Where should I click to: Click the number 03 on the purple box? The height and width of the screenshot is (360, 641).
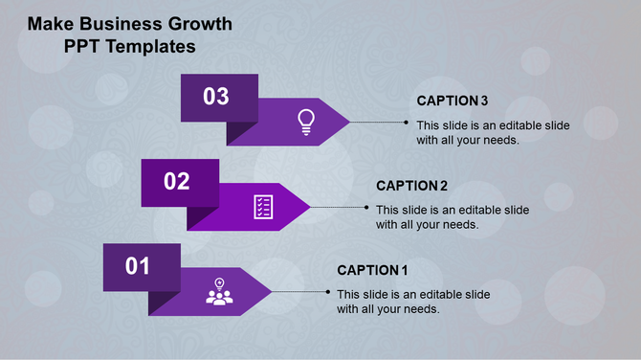tap(216, 97)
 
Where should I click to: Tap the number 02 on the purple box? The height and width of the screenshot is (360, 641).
tap(177, 182)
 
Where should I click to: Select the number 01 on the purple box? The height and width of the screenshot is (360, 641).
tap(139, 266)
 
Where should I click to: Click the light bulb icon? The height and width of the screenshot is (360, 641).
tap(305, 121)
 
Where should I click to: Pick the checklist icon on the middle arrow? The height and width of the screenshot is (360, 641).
tap(263, 206)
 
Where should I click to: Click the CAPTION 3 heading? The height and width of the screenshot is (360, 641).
tap(453, 101)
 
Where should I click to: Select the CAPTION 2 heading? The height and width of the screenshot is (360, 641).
tap(412, 186)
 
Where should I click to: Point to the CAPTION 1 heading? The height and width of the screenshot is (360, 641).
tap(373, 270)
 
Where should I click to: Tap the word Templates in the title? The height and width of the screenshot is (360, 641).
tap(149, 45)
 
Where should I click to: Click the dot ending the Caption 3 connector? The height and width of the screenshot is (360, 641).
tap(408, 123)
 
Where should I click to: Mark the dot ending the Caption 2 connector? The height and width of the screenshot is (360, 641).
tap(367, 207)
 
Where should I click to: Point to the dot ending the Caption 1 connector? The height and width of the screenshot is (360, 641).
tap(328, 292)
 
